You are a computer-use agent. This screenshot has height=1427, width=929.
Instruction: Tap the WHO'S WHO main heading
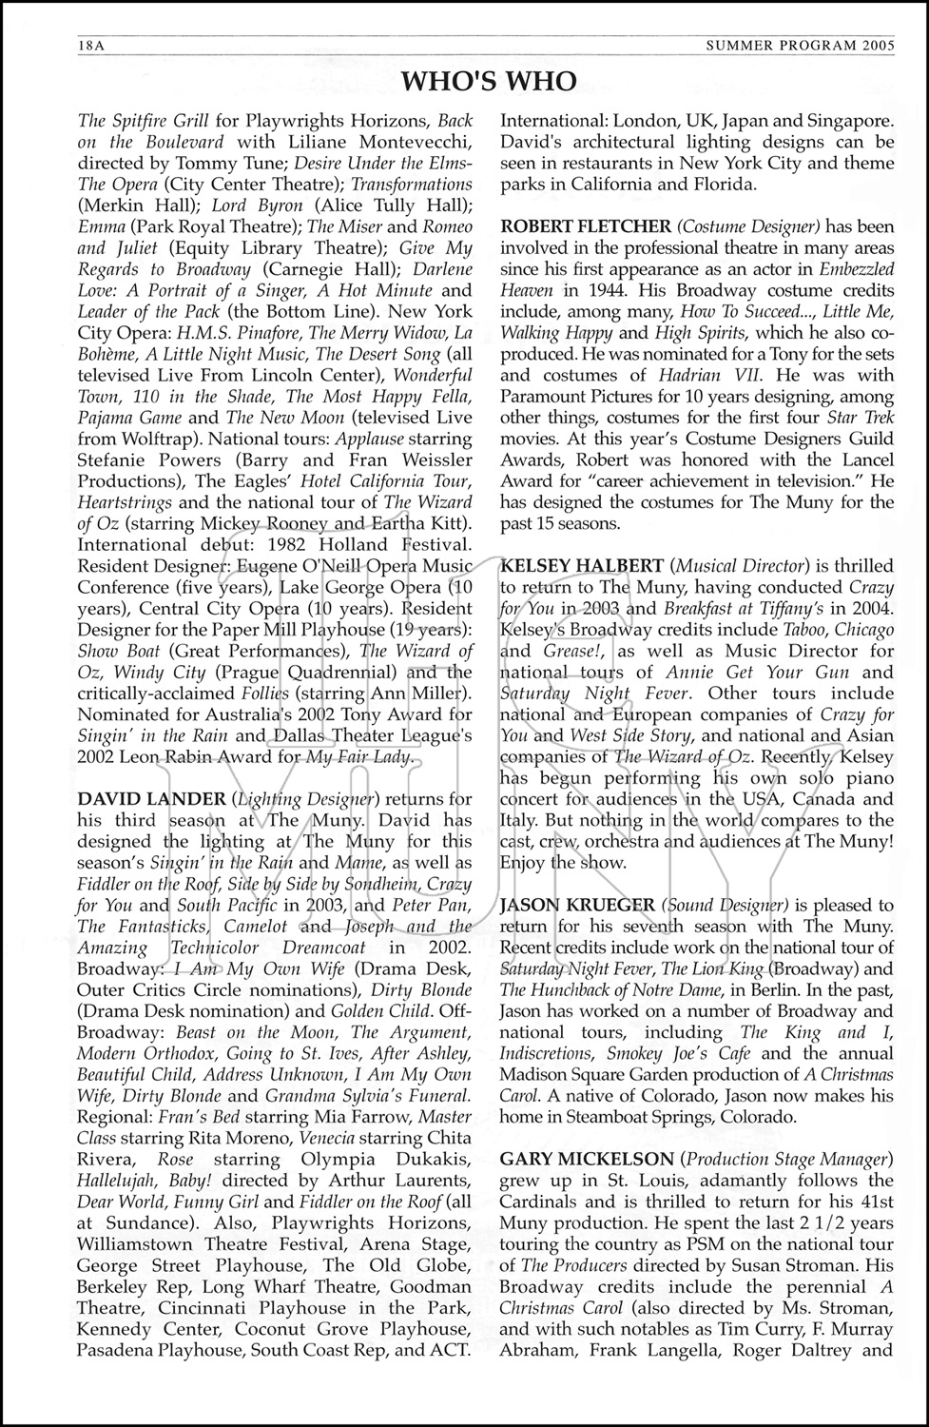coord(489,82)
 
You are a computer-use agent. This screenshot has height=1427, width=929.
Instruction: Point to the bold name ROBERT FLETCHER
coord(584,226)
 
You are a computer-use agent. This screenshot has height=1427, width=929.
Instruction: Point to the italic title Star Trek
coord(862,418)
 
